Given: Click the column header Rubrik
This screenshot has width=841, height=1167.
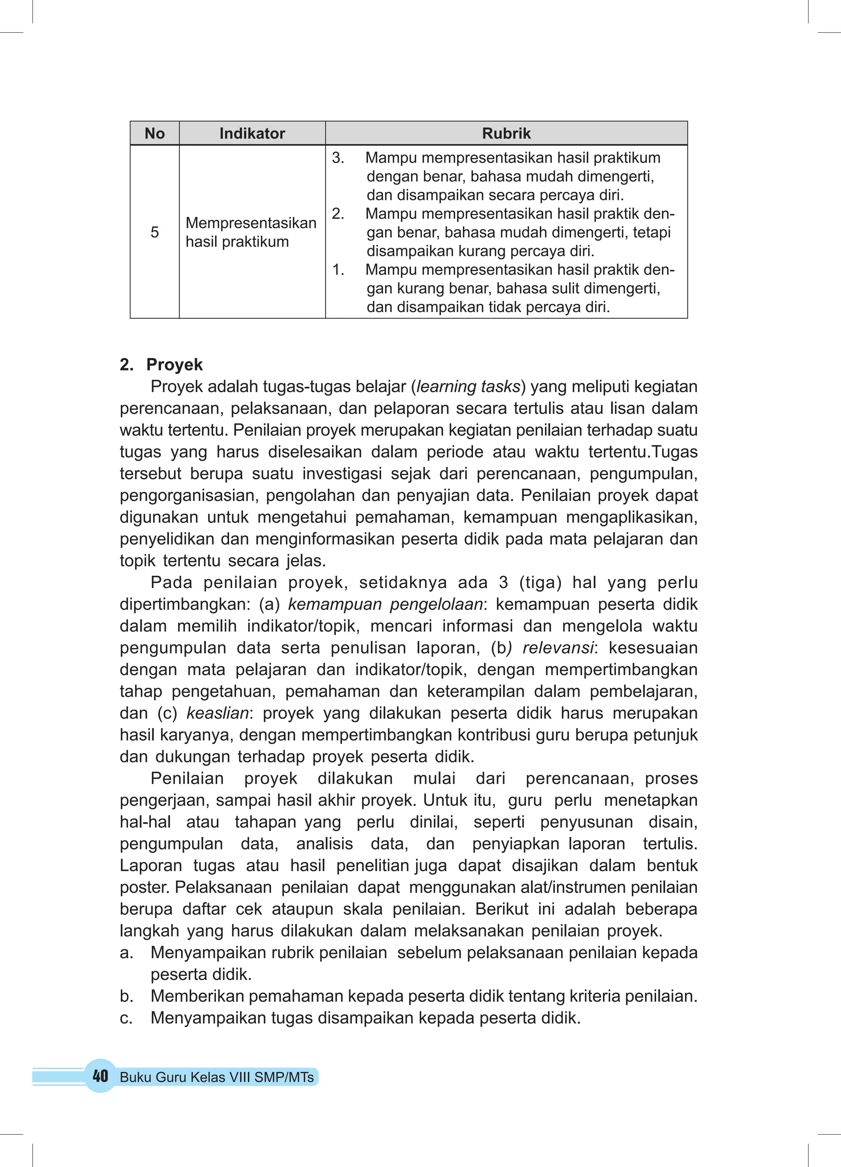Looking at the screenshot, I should (x=506, y=133).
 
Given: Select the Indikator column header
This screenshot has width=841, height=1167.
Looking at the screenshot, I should (x=252, y=133).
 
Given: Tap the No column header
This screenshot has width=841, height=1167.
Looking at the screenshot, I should (x=154, y=133).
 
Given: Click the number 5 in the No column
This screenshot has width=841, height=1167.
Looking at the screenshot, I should (x=154, y=232).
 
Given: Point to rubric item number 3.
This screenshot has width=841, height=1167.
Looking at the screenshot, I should (x=338, y=157).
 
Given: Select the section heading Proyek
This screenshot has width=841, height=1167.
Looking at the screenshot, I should (x=174, y=364).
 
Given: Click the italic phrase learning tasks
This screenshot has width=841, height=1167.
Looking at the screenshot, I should (x=469, y=386).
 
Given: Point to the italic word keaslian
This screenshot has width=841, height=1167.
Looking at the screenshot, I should (x=217, y=713).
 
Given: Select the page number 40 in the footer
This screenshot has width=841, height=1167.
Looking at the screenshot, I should (x=100, y=1075).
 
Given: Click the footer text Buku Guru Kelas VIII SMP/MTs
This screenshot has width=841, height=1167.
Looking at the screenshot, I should (x=217, y=1077).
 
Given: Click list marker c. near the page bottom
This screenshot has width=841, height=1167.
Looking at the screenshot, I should (x=126, y=1018).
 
